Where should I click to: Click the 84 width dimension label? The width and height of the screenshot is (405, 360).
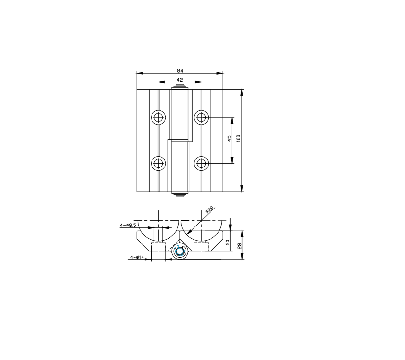(x=180, y=70)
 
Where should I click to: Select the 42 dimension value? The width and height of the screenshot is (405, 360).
(x=180, y=80)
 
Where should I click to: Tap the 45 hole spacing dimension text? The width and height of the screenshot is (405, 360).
(x=229, y=138)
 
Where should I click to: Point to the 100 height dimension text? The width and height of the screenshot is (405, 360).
(x=238, y=138)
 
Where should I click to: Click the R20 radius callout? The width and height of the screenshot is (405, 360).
(x=210, y=209)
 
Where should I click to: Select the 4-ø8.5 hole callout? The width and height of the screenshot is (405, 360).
(x=128, y=225)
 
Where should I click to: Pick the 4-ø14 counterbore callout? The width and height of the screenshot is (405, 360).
(x=137, y=257)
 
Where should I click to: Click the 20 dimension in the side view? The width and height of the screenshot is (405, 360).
(x=228, y=243)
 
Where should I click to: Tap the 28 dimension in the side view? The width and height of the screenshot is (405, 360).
(x=240, y=246)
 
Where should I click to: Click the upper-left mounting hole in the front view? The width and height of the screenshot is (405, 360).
(x=158, y=117)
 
